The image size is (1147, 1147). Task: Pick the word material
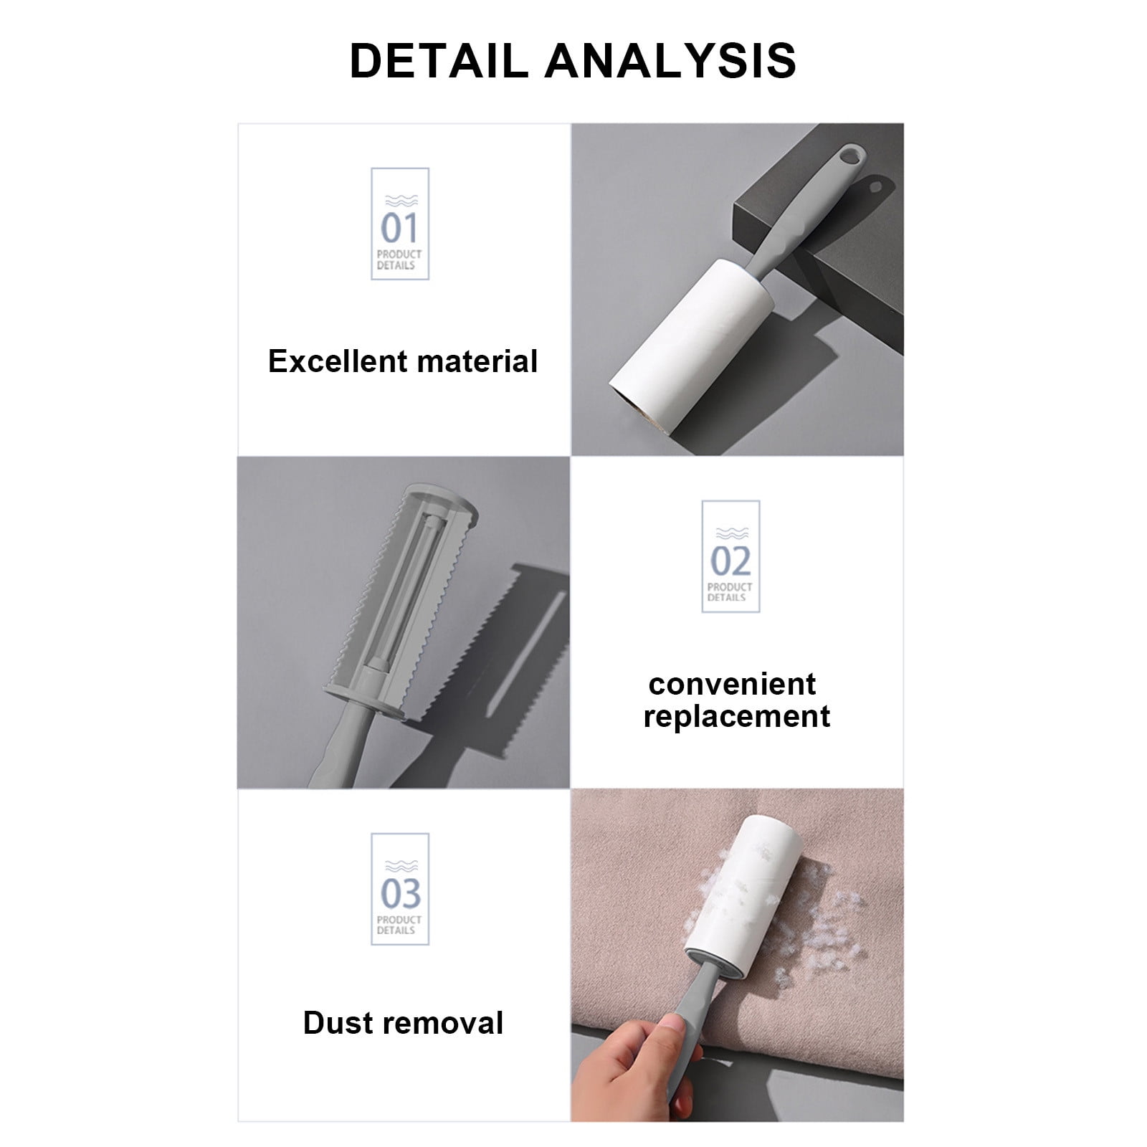[x=478, y=361]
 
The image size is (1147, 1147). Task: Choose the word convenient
[x=732, y=684]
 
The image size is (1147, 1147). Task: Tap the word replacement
[x=736, y=716]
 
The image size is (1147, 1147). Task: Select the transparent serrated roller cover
[x=401, y=588]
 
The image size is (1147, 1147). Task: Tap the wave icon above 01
[x=399, y=201]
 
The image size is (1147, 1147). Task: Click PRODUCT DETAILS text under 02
[x=730, y=591]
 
